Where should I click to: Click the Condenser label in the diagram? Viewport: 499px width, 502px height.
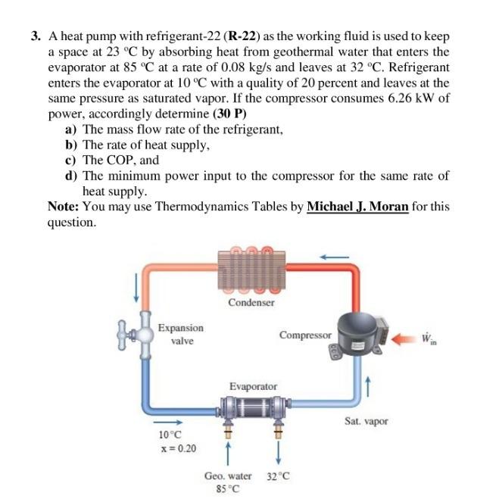pos(251,302)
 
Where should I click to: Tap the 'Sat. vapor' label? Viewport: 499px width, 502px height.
pos(366,421)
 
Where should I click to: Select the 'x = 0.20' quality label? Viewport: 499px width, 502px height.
pos(177,448)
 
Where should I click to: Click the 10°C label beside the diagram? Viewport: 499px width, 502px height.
pos(170,435)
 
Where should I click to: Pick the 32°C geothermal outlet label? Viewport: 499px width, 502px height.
pos(279,476)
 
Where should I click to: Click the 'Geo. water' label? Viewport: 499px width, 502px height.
pos(228,476)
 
